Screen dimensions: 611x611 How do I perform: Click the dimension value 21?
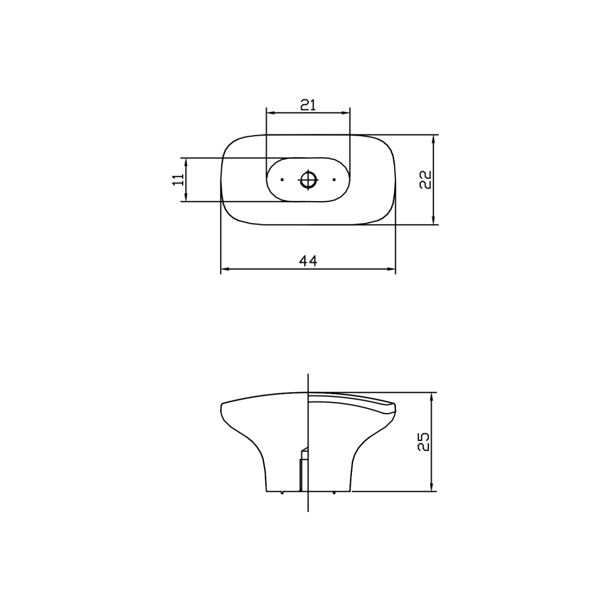[x=308, y=105]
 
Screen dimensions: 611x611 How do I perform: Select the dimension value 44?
[x=308, y=261]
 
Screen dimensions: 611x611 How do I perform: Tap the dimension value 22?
[x=425, y=180]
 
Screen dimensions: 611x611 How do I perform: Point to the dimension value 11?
[x=178, y=180]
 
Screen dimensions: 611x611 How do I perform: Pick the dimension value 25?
[x=423, y=442]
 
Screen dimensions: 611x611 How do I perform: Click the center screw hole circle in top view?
[x=308, y=180]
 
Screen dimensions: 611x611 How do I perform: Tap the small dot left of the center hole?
[x=282, y=180]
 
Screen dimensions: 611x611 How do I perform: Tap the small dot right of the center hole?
[x=334, y=180]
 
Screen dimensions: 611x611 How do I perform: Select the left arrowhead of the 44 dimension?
[x=225, y=269]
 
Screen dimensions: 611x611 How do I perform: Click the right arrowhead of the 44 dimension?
[x=391, y=269]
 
